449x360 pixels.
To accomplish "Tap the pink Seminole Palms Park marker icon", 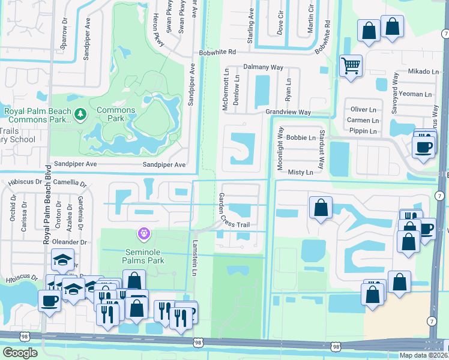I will [143, 232].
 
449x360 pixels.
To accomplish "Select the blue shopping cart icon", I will [351, 65].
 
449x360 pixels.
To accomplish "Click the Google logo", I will [20, 353].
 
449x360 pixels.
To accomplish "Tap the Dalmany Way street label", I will [263, 68].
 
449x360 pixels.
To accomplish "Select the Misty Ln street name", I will [300, 172].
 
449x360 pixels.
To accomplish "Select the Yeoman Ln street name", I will [414, 94].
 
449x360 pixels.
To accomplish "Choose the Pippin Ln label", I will [366, 131].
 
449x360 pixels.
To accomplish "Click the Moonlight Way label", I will [280, 148].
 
